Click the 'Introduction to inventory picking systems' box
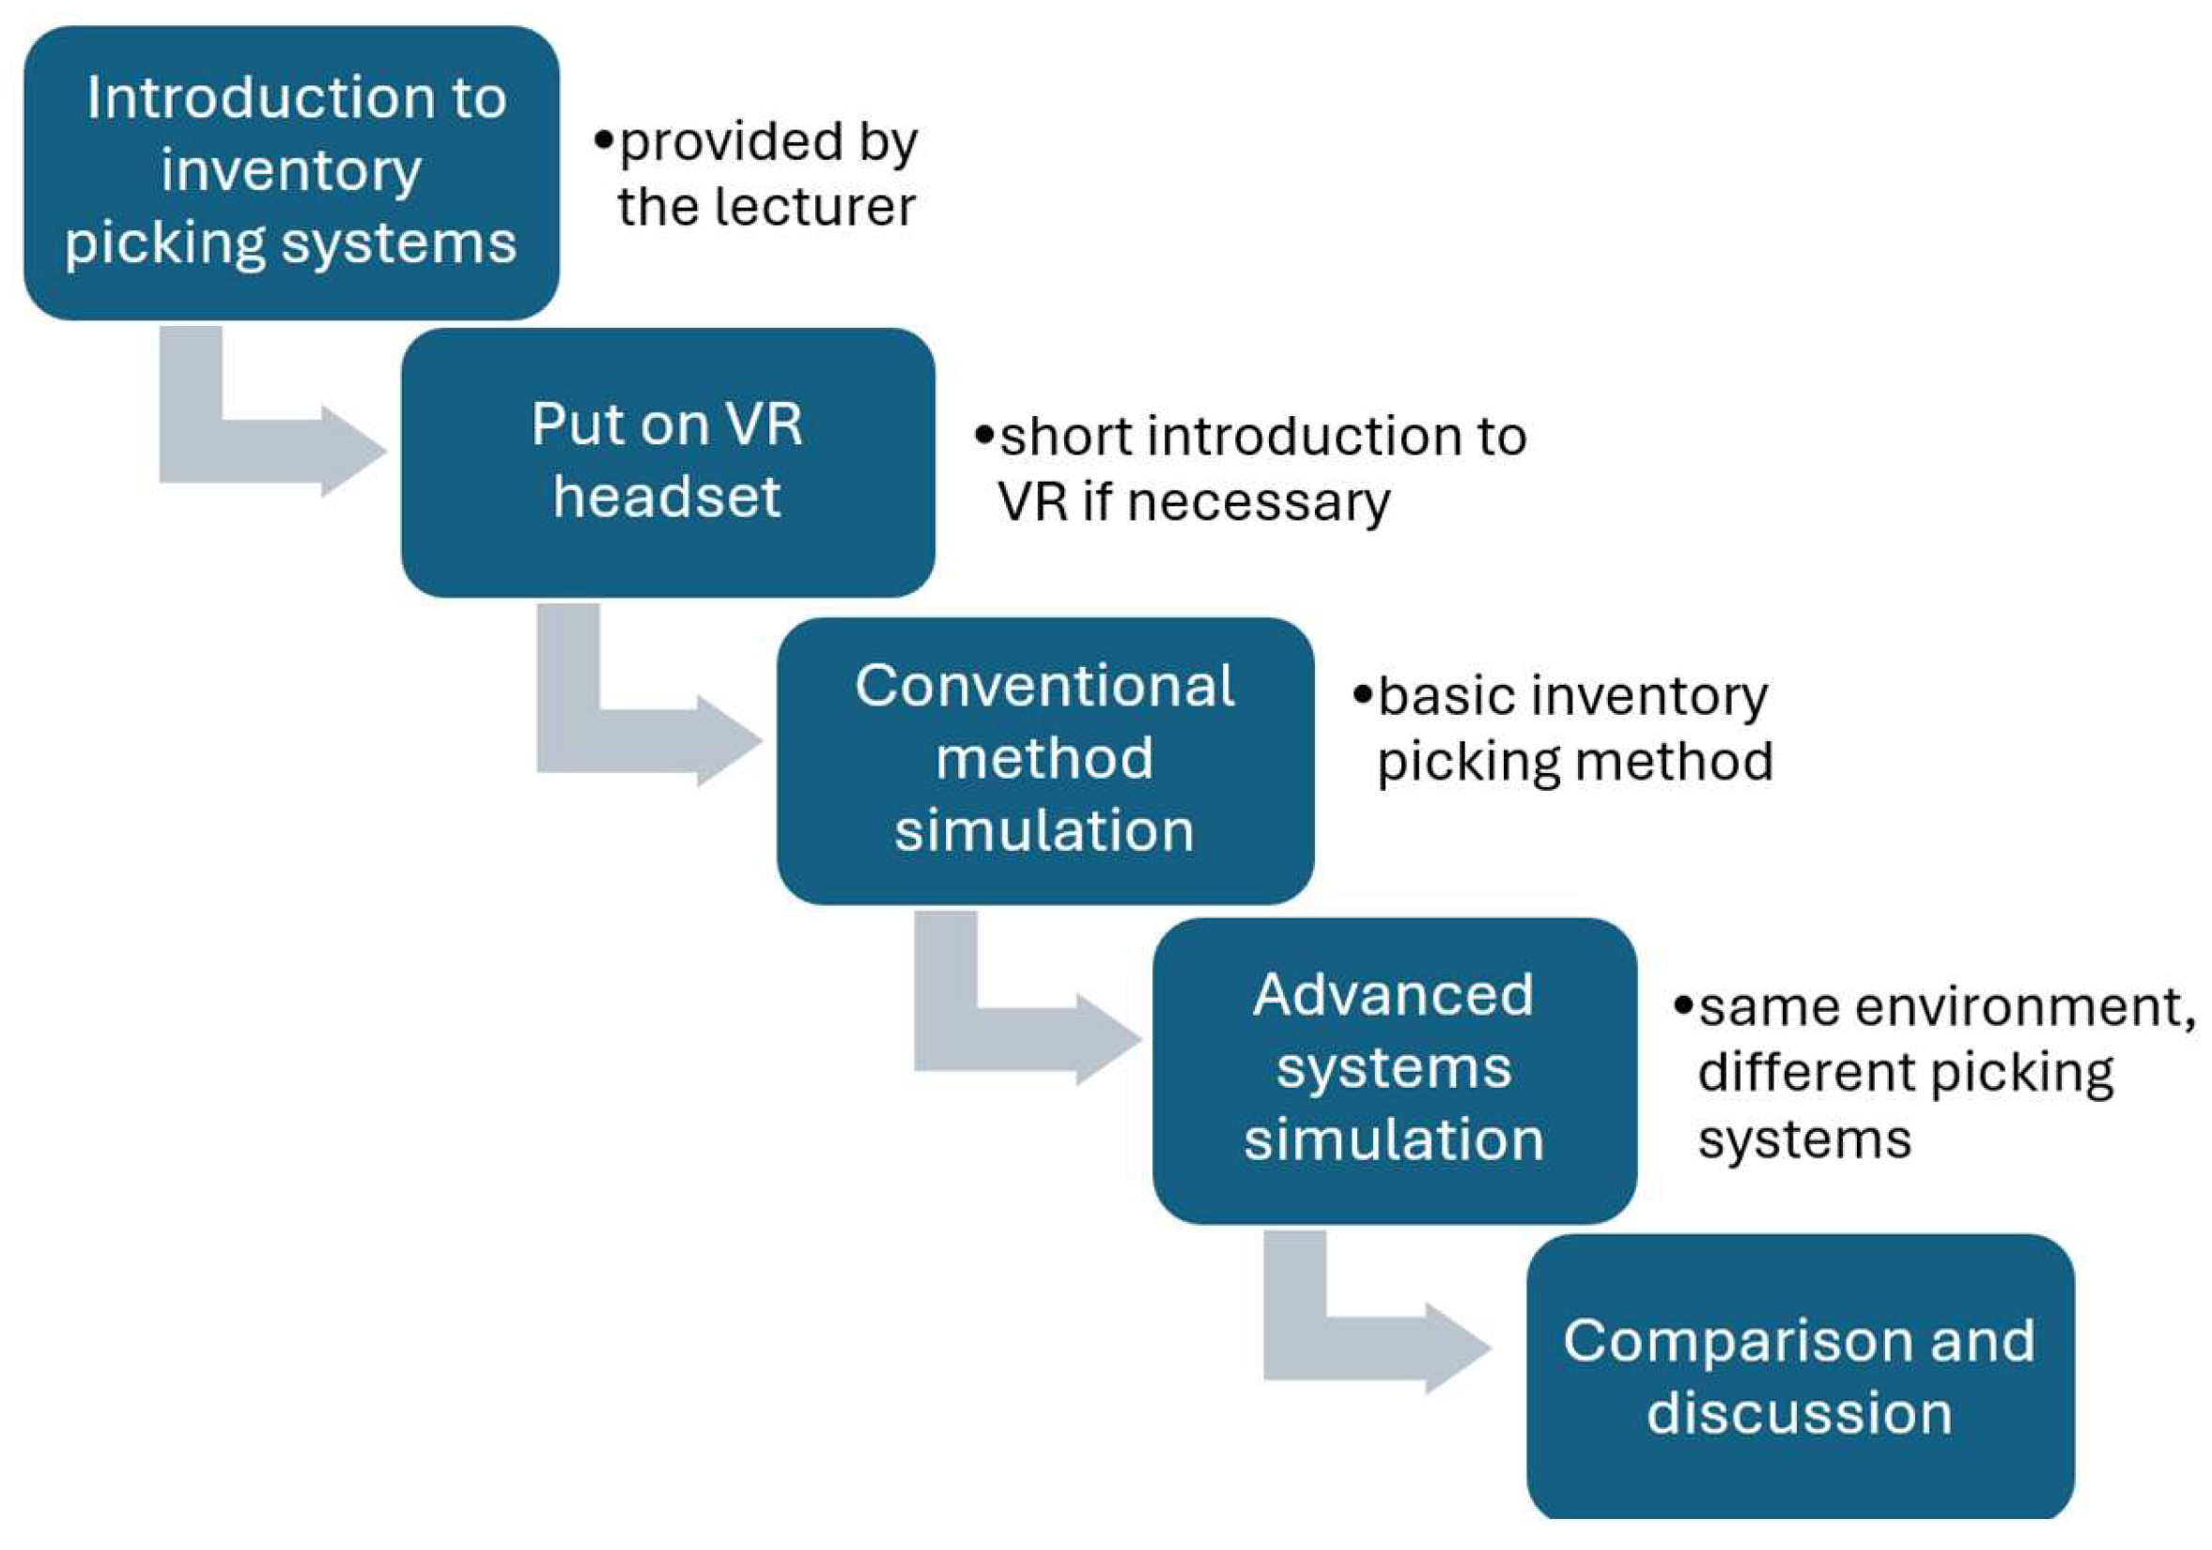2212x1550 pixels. coord(291,173)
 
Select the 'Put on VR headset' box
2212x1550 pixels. coord(668,462)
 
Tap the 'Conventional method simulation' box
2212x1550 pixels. coord(1045,760)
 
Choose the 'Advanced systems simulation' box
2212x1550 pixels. coord(1394,1070)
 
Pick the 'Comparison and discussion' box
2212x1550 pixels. coord(1801,1378)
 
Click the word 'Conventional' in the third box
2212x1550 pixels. coord(1044,686)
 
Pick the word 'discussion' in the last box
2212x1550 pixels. coord(1800,1413)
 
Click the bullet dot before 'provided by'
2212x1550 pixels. coord(604,141)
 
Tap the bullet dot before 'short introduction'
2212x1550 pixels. coord(983,436)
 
